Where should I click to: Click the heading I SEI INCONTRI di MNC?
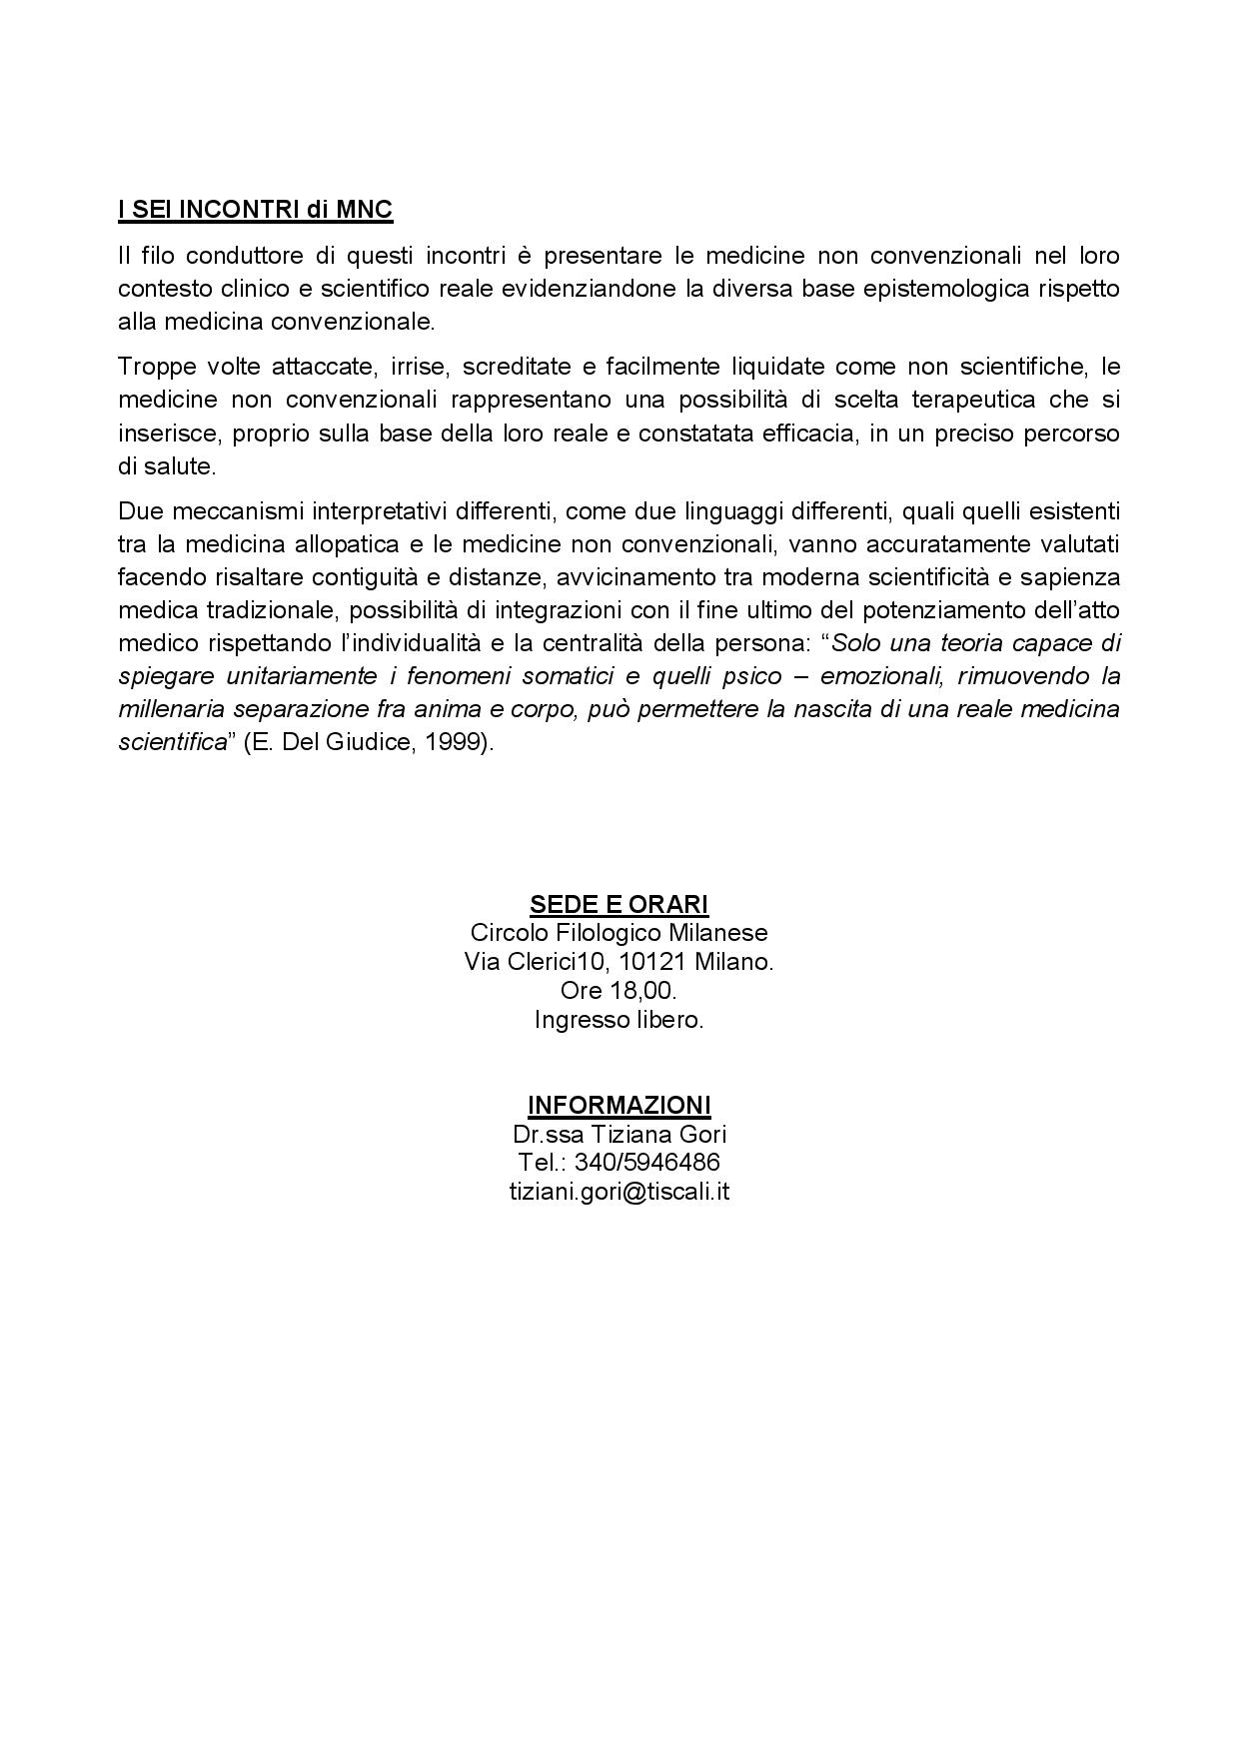(255, 210)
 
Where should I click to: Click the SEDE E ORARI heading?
(619, 904)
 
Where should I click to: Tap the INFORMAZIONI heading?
(619, 1105)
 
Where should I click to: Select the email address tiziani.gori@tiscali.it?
(619, 1192)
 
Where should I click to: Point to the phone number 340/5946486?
(646, 1163)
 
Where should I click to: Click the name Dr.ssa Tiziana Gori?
(619, 1135)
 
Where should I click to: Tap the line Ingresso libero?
(619, 1020)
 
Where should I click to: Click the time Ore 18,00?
(619, 991)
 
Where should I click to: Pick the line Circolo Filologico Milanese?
(619, 933)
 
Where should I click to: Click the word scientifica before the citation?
(173, 743)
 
